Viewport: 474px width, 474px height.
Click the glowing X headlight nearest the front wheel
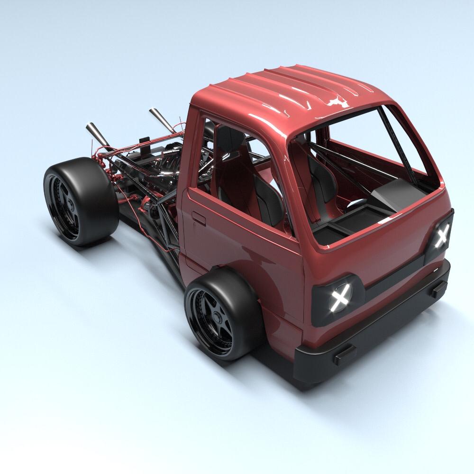click(339, 298)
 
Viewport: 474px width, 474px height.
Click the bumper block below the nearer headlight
click(345, 354)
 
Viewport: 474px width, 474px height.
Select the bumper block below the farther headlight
click(438, 289)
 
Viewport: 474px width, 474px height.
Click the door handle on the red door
click(199, 219)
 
